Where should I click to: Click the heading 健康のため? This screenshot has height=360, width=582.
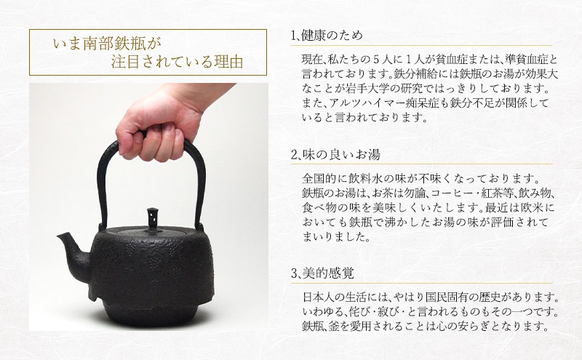pyautogui.click(x=332, y=36)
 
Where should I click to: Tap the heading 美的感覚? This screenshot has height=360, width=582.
pyautogui.click(x=328, y=273)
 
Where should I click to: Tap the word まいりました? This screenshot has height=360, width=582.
pyautogui.click(x=336, y=237)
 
